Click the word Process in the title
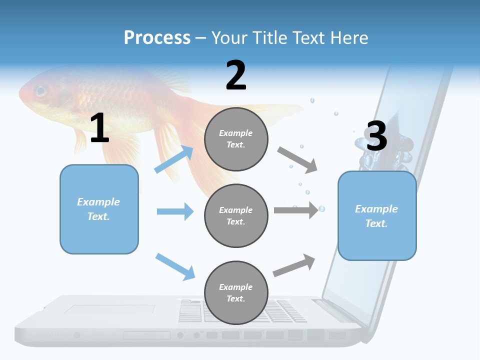pyautogui.click(x=157, y=38)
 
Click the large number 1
pyautogui.click(x=99, y=128)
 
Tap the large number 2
pyautogui.click(x=236, y=75)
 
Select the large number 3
pyautogui.click(x=376, y=136)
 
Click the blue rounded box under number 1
pyautogui.click(x=99, y=209)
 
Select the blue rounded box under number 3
pyautogui.click(x=377, y=215)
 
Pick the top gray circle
pyautogui.click(x=236, y=139)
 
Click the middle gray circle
pyautogui.click(x=236, y=215)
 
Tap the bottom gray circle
pyautogui.click(x=236, y=292)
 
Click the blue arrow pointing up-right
pyautogui.click(x=174, y=159)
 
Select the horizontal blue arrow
pyautogui.click(x=175, y=211)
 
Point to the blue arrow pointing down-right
pyautogui.click(x=175, y=266)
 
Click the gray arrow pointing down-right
pyautogui.click(x=297, y=160)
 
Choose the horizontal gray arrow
pyautogui.click(x=296, y=210)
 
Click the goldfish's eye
pyautogui.click(x=40, y=91)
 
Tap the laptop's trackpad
pyautogui.click(x=109, y=309)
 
